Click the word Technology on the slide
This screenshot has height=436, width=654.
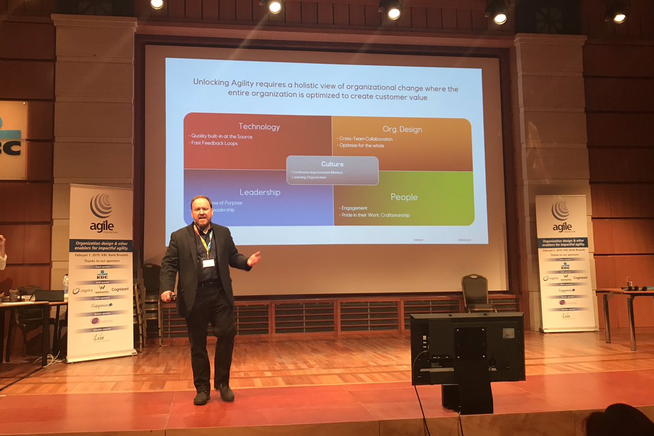(259, 127)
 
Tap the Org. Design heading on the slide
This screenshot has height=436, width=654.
(403, 129)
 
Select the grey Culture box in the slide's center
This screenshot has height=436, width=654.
(332, 170)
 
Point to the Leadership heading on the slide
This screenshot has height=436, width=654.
(260, 192)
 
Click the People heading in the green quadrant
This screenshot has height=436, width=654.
(404, 196)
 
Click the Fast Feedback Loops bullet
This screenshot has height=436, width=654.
(214, 144)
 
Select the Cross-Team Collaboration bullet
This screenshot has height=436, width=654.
(366, 139)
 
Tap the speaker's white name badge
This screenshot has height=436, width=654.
(208, 262)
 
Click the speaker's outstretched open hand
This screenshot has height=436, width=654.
(253, 258)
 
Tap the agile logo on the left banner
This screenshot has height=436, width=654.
(101, 213)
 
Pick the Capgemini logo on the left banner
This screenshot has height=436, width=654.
(102, 306)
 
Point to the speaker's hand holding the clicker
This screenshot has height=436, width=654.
(166, 296)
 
